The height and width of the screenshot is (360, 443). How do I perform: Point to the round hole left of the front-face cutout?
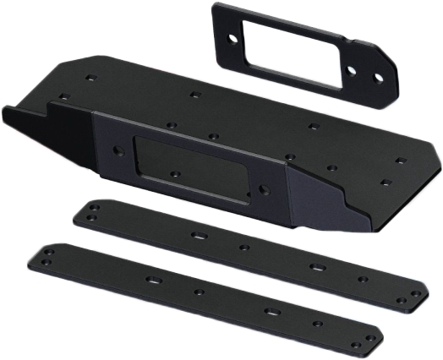[118, 153]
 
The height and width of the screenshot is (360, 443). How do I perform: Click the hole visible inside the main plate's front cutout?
[175, 173]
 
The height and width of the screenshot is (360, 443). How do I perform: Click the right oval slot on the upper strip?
[315, 268]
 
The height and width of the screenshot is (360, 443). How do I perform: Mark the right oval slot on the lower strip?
[271, 312]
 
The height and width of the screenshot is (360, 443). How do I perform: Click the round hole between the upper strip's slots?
[243, 248]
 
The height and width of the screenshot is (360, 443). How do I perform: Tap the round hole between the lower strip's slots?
[199, 292]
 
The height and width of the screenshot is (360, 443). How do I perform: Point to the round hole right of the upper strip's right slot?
[362, 279]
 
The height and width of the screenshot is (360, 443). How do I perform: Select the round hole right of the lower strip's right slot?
[318, 324]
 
